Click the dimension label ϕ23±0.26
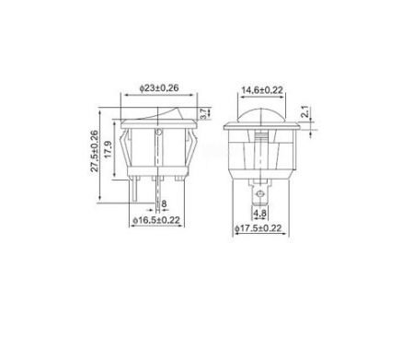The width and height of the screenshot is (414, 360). tap(159, 87)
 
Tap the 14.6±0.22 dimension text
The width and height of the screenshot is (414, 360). tap(261, 90)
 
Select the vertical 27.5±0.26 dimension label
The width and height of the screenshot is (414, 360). tap(95, 151)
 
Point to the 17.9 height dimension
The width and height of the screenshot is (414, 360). tap(108, 149)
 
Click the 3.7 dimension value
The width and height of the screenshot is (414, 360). tap(202, 114)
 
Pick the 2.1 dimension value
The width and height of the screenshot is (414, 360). tap(305, 111)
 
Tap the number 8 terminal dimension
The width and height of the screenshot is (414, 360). tap(164, 203)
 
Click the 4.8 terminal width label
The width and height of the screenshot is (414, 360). tap(259, 213)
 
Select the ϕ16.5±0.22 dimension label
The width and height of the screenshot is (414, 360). tap(156, 220)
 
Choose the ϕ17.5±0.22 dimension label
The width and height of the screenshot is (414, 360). tap(258, 228)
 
